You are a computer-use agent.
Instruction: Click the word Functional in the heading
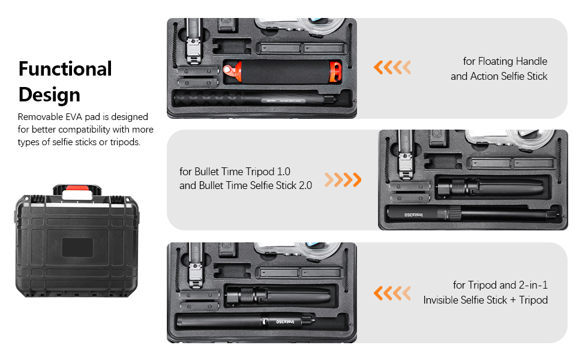[65, 69]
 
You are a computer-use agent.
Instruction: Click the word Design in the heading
[49, 95]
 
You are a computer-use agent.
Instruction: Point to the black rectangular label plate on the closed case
[77, 248]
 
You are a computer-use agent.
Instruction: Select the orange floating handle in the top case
[282, 72]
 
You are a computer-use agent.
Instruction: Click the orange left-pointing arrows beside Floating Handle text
[392, 68]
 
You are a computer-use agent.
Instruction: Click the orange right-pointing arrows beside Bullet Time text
[343, 179]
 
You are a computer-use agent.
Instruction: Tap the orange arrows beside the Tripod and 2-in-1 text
[392, 293]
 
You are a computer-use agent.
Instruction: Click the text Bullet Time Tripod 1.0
[235, 172]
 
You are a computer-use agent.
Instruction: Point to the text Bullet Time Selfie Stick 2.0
[256, 185]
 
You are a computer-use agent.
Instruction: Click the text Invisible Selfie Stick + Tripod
[485, 300]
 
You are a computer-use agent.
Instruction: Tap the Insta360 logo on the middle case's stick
[413, 215]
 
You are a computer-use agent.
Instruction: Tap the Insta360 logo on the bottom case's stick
[285, 322]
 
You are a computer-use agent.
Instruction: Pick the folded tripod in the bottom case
[278, 295]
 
